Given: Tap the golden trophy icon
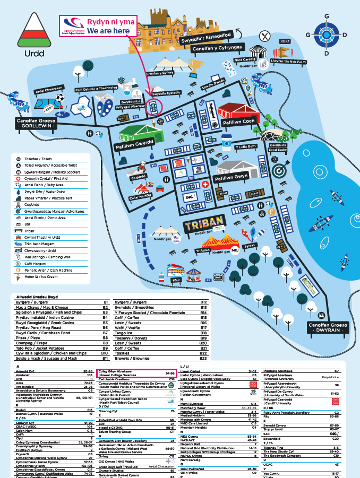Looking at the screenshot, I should (x=195, y=66).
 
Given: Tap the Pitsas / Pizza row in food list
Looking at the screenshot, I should (x=61, y=337).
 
